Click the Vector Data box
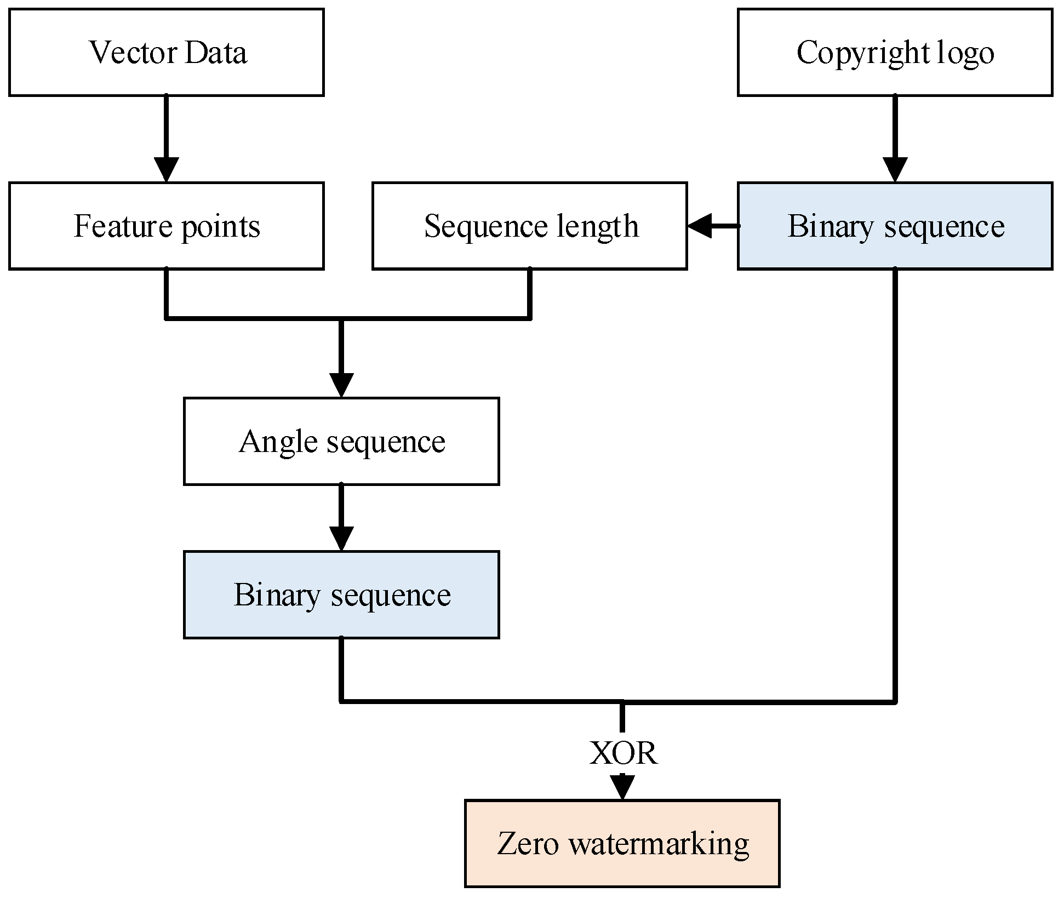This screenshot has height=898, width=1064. [166, 52]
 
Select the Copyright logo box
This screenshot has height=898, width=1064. [895, 52]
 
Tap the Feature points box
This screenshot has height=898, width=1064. [166, 226]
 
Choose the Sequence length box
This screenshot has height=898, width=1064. [529, 226]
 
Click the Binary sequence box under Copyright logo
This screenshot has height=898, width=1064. [895, 226]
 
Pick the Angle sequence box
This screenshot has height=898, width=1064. [341, 441]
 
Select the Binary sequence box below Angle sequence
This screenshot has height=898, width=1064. [341, 594]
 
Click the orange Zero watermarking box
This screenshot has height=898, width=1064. [622, 843]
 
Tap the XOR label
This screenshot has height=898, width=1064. [623, 753]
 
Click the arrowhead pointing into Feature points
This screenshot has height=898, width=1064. [166, 169]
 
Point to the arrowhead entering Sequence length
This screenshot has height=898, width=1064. [700, 226]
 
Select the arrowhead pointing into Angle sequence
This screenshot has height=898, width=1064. [341, 385]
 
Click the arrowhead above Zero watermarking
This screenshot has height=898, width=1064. [622, 787]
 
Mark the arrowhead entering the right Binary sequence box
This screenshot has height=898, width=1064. [895, 169]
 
